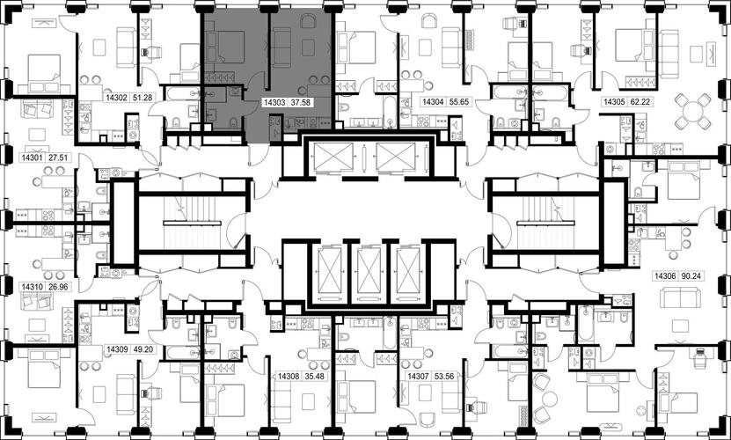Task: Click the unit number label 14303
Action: tap(274, 103)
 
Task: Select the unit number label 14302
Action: tap(116, 98)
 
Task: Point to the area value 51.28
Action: tap(143, 98)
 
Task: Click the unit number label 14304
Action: tap(432, 101)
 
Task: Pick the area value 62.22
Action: tap(640, 101)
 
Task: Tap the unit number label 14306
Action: tap(665, 276)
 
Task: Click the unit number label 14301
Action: tap(32, 158)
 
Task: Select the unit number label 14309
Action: tap(116, 349)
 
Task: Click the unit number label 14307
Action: tap(418, 376)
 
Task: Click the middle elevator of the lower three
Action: tap(369, 274)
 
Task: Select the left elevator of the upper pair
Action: tap(333, 157)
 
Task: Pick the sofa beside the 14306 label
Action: tap(680, 297)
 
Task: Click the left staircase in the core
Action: tap(193, 223)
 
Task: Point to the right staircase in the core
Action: tap(546, 223)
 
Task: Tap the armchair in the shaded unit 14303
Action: tap(308, 21)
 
